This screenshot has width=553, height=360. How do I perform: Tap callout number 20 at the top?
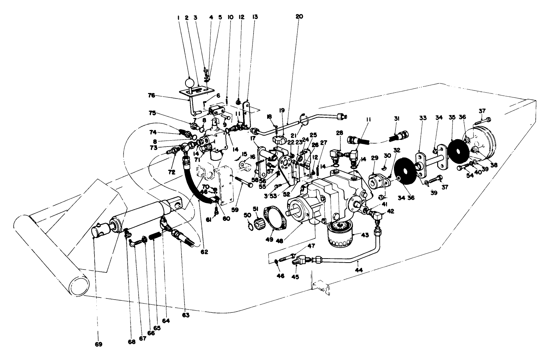point(300,16)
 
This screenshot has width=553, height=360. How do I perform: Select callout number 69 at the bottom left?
point(99,344)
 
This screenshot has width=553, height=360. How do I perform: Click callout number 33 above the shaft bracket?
point(423,118)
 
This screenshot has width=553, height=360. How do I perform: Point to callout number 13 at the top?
point(255,16)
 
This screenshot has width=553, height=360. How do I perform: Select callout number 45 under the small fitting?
point(295,277)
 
